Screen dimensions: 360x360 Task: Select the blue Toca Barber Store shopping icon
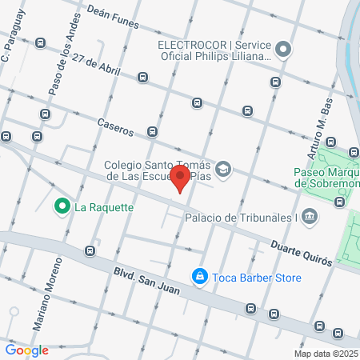[198, 278]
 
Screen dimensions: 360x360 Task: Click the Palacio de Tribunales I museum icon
[310, 217]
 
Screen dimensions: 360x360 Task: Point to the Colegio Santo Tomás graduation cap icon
[224, 169]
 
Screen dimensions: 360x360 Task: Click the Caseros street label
[114, 126]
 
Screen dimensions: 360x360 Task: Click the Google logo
[26, 350]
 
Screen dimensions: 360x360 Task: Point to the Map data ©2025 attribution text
[326, 354]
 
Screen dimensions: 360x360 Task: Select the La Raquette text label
[103, 207]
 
